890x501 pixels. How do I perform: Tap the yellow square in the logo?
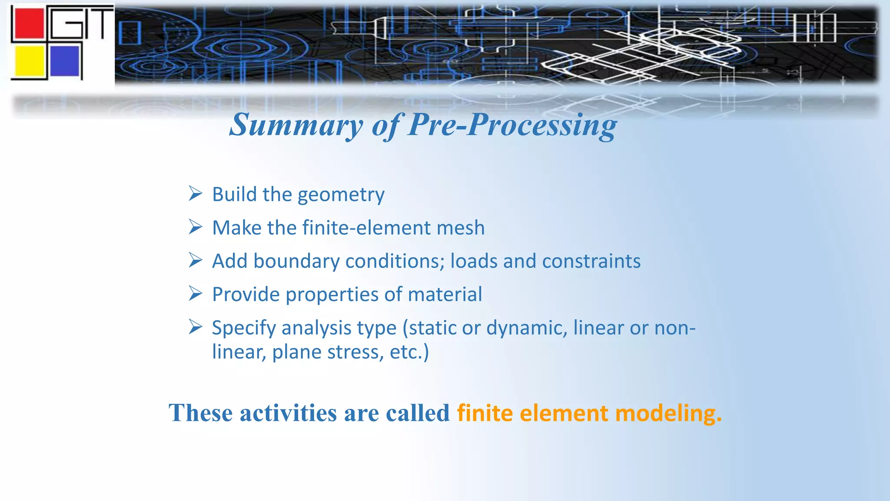point(30,61)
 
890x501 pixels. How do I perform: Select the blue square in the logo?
point(65,61)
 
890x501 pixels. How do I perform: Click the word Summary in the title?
point(296,125)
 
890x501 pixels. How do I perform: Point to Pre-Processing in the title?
point(513,125)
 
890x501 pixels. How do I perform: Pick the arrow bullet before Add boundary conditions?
point(196,260)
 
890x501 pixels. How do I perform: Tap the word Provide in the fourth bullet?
point(246,294)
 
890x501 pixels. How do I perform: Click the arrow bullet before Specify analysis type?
point(196,327)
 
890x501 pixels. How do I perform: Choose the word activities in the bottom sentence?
point(288,413)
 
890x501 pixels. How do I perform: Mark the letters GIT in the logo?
point(83,24)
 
